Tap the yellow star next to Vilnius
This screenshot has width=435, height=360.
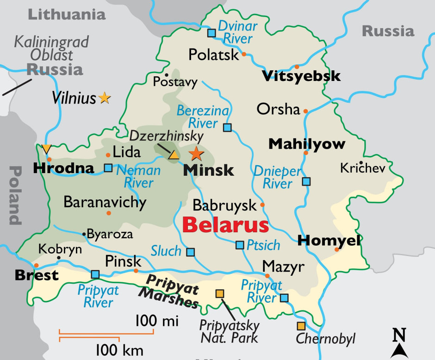tap(105, 98)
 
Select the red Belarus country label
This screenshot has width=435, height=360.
tap(225, 225)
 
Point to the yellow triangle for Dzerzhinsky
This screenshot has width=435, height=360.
tap(174, 155)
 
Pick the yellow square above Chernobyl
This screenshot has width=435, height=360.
tap(301, 326)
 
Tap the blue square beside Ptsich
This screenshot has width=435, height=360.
tap(240, 245)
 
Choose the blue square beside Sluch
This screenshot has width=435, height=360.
tap(190, 252)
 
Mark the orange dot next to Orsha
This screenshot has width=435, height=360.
tap(305, 111)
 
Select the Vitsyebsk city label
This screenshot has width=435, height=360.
tap(301, 76)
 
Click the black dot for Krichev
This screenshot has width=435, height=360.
tap(360, 162)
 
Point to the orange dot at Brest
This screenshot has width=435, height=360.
tap(37, 265)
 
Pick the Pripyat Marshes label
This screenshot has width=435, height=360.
tap(172, 292)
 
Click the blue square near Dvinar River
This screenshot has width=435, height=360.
tap(211, 33)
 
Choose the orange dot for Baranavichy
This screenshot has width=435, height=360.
tap(109, 213)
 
